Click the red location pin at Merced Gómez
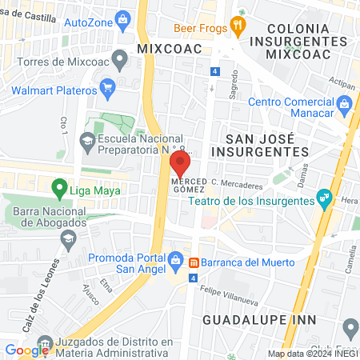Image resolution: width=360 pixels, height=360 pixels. tap(180, 163)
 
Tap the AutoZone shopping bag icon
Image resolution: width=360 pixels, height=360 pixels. tap(122, 18)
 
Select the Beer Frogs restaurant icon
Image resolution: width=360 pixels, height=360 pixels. tap(237, 26)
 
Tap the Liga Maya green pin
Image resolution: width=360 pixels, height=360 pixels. tap(58, 189)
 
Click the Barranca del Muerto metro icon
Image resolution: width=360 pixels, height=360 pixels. tap(194, 262)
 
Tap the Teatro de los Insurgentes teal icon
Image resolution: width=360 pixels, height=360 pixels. tap(323, 196)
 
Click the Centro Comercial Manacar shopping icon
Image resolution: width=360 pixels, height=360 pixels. tap(344, 102)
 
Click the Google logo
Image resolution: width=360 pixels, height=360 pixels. tap(26, 350)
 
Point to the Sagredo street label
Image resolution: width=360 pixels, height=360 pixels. tap(234, 89)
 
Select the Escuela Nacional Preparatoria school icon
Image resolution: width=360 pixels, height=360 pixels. tap(86, 140)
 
